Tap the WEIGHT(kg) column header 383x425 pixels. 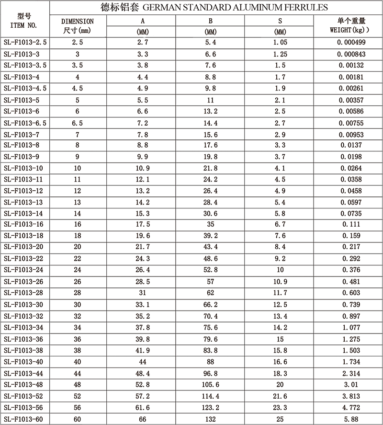348,25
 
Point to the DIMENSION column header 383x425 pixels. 78,22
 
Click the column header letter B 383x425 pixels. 211,21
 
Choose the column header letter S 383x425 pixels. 280,21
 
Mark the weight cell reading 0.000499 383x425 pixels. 348,42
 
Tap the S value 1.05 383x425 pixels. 280,42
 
